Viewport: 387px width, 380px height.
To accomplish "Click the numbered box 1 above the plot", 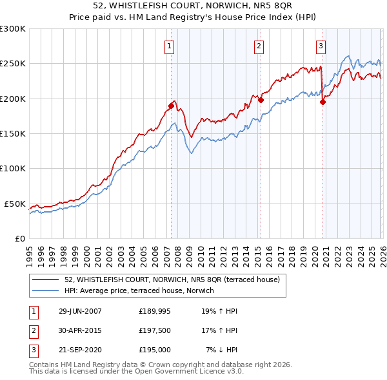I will click(x=169, y=46).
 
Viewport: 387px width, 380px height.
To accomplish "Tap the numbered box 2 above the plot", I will click(x=258, y=46).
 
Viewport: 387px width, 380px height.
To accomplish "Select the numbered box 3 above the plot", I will click(x=321, y=46).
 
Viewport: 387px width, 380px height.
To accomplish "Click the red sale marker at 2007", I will click(x=171, y=106).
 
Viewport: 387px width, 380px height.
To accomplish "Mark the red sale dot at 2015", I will click(x=261, y=100).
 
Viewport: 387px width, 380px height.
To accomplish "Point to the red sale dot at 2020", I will click(x=322, y=102).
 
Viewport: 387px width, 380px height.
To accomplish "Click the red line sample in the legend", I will click(x=46, y=280).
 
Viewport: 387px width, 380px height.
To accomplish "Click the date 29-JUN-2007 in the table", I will click(x=80, y=311).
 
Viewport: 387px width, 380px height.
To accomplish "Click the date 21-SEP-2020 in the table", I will click(x=80, y=350).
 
